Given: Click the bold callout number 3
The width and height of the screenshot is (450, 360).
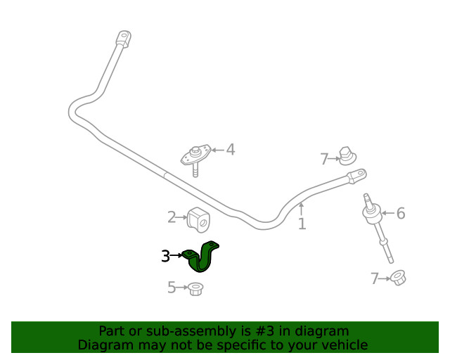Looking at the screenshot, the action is click(x=166, y=256).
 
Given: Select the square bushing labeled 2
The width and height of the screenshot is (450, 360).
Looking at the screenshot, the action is click(x=198, y=220).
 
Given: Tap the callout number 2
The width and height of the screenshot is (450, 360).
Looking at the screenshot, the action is click(x=172, y=217).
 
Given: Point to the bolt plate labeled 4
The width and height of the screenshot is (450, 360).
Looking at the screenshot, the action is click(x=195, y=159).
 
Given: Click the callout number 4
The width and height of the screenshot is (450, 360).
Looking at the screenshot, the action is click(x=231, y=150).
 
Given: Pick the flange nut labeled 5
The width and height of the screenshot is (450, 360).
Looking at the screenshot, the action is click(x=195, y=289).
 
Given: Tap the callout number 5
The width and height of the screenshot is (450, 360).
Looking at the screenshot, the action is click(x=172, y=288).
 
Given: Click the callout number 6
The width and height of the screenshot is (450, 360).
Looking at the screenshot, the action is click(x=401, y=213).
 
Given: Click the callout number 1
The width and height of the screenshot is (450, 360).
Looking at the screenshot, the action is click(x=302, y=224).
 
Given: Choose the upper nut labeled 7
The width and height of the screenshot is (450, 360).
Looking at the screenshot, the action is click(x=347, y=156).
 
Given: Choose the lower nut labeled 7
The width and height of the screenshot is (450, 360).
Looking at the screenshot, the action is click(x=398, y=278).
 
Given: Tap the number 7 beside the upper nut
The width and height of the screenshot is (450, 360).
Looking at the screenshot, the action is click(x=324, y=159).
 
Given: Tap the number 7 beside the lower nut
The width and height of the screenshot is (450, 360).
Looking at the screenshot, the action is click(x=375, y=278).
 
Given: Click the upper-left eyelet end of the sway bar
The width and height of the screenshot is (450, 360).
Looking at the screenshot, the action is click(x=124, y=39).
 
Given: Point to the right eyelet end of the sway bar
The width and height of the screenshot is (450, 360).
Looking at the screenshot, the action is click(x=356, y=176).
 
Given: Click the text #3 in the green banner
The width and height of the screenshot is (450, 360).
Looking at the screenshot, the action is click(x=264, y=331).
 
